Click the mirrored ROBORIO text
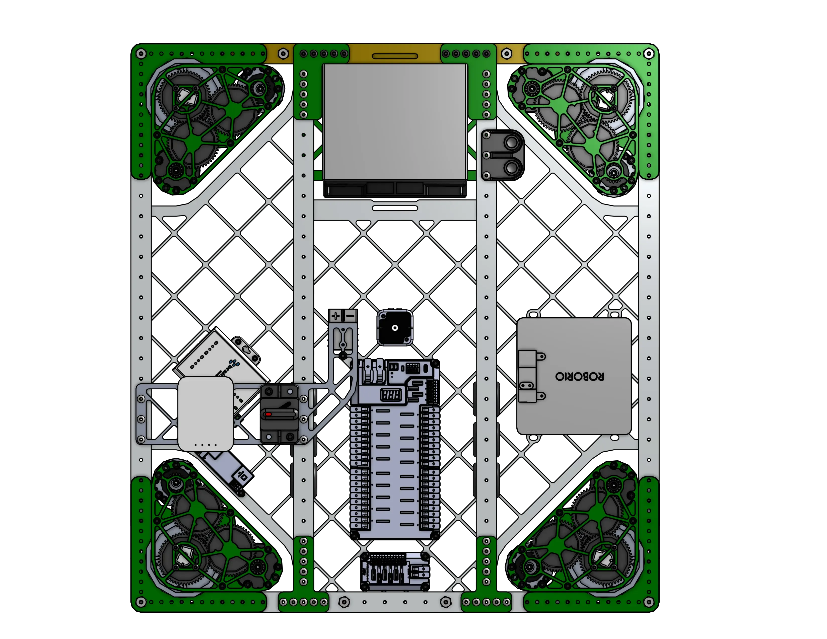coord(579,376)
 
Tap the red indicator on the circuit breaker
coord(268,414)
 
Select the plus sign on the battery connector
coord(335,315)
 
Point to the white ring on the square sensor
coord(395,328)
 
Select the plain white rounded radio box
coord(205,413)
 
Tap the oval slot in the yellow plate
coord(395,56)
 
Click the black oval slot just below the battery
coord(395,208)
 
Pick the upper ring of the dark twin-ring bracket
coord(511,143)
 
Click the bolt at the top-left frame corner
coord(141,54)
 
